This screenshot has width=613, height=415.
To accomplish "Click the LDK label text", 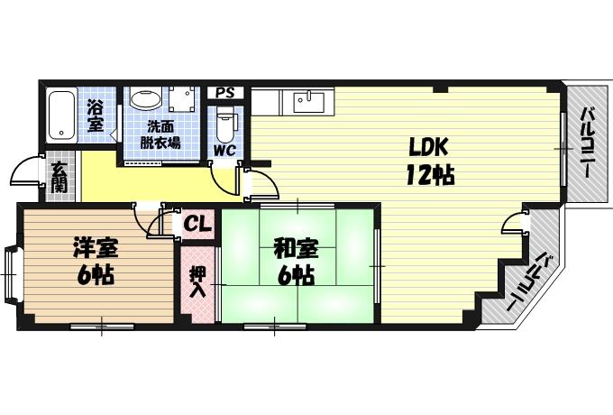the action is (x=428, y=147).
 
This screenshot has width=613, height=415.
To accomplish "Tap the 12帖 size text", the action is (x=430, y=175).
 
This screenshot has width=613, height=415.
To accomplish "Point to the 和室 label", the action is (x=296, y=249).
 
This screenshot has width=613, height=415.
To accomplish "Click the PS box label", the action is (x=225, y=93).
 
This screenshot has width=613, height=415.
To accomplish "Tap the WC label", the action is (x=224, y=150).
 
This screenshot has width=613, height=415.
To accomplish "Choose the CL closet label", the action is (x=197, y=225).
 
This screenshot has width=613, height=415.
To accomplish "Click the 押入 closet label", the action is (x=197, y=282).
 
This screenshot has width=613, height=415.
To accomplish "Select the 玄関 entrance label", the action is (x=59, y=177).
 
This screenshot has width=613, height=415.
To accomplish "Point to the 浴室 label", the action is (x=95, y=115).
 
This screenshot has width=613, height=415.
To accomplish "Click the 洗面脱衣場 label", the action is (x=160, y=135).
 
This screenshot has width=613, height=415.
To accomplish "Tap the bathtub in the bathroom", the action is (x=61, y=116).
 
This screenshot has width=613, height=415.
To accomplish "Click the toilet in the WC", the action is (x=224, y=124).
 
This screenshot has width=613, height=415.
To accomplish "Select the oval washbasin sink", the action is (x=146, y=98).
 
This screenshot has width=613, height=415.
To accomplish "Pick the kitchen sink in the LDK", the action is (x=309, y=103).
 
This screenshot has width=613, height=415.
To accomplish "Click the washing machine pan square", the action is (x=182, y=100).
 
